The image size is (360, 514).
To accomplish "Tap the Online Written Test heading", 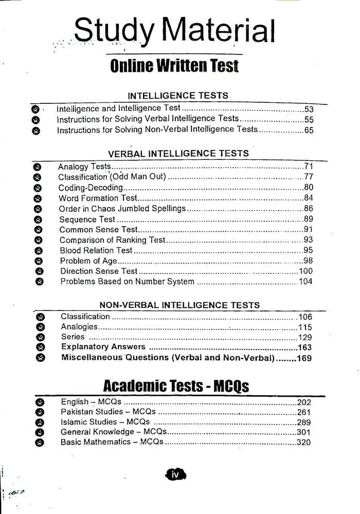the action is (174, 66).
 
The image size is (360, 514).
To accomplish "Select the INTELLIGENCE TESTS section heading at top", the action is (177, 96).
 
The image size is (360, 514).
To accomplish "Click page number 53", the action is (309, 109).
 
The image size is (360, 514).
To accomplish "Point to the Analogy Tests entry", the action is (84, 167).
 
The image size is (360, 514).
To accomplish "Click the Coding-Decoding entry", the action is (91, 188).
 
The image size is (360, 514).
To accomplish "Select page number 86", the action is (308, 209).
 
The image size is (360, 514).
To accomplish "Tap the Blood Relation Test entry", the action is (96, 250).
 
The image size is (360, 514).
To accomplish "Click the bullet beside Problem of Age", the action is (39, 261).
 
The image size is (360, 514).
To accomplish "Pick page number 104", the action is (305, 282).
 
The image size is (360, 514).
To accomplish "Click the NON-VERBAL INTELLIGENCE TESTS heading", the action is (179, 305).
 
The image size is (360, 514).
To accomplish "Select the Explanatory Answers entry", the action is (103, 347).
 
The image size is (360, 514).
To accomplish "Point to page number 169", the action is (304, 358).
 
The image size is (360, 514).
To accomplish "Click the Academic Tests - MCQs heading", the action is (176, 386).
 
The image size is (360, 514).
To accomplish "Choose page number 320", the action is (303, 442).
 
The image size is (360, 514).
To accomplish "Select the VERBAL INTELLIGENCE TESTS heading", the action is (178, 153).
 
